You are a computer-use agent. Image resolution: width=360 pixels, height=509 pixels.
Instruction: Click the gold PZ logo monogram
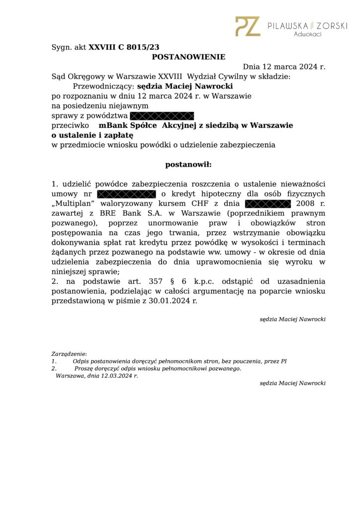(247, 26)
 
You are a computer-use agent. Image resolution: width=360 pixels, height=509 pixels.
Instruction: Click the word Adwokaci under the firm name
(308, 34)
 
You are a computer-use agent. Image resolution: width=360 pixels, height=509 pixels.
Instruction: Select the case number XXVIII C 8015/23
(124, 47)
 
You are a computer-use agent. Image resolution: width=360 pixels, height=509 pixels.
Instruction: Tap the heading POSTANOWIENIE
(188, 57)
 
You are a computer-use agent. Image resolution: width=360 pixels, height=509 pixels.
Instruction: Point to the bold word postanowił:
(188, 164)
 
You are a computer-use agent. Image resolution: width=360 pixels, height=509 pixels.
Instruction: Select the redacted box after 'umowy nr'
(126, 193)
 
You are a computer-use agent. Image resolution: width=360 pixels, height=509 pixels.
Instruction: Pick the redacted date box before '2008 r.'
(268, 203)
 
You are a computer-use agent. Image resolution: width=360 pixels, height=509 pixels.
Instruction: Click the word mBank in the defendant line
(112, 125)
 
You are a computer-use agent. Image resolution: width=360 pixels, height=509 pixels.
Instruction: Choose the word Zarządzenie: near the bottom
(69, 354)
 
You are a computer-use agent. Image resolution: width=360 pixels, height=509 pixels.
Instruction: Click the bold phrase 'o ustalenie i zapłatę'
(92, 135)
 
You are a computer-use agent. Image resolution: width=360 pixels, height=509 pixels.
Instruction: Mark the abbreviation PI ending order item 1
(284, 361)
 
